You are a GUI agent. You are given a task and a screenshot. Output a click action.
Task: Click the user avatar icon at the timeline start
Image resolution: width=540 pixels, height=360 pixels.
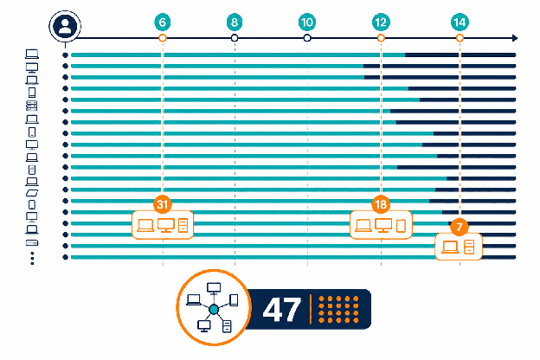tap(65, 27)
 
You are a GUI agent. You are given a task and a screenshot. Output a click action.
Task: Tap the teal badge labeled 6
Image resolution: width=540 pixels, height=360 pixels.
tap(163, 22)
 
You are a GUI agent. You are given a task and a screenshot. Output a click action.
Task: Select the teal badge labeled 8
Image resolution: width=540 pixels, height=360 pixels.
tap(235, 22)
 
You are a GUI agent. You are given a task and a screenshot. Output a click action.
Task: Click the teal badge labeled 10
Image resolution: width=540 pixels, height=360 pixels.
tap(307, 22)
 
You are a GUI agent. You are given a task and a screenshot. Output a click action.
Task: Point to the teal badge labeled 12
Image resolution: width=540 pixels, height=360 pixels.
tap(381, 22)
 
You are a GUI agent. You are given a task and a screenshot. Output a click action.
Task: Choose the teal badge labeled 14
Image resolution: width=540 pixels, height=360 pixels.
tap(460, 22)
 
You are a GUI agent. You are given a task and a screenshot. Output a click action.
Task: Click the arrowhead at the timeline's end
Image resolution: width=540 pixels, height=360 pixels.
tap(515, 38)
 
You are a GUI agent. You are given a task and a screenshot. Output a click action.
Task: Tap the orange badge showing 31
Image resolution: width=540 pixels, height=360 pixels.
tap(163, 204)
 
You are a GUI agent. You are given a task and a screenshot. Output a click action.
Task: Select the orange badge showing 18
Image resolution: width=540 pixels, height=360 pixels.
tap(381, 204)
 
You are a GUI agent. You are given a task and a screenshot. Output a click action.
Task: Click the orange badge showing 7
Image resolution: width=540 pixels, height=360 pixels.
tap(460, 227)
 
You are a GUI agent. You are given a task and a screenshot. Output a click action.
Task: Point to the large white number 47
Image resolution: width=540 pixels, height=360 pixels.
tap(282, 309)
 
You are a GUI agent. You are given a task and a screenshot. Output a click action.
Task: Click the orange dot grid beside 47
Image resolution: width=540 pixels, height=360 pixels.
tap(338, 309)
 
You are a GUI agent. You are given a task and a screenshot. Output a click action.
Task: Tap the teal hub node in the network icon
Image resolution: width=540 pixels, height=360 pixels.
tap(214, 310)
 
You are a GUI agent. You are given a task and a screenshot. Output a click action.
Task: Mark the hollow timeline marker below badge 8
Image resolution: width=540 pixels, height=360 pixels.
tap(235, 38)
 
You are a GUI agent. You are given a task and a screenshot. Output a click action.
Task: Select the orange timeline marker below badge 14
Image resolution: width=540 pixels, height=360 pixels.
tap(460, 38)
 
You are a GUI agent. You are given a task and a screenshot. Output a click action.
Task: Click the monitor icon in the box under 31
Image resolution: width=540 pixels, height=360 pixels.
tap(165, 226)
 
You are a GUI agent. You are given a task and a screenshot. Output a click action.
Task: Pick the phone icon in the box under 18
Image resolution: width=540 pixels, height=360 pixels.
tap(401, 226)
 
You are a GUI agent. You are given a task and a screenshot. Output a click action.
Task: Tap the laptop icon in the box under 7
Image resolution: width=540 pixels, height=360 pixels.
tap(450, 247)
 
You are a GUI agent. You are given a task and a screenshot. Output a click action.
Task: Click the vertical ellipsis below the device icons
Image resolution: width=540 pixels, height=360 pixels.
tap(32, 259)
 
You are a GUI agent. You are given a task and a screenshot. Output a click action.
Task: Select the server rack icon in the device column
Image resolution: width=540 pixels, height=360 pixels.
tap(32, 106)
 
